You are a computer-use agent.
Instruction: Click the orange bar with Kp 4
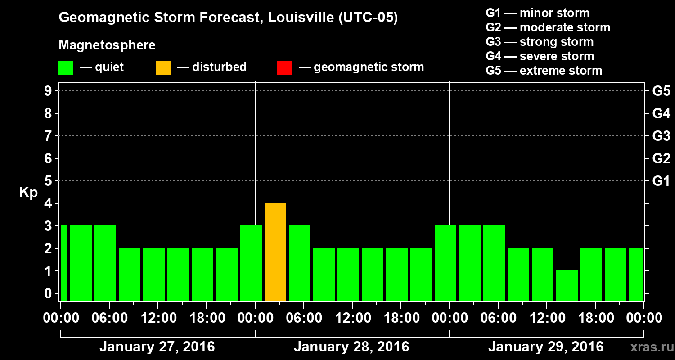(x=275, y=252)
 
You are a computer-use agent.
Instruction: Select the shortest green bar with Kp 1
(x=567, y=285)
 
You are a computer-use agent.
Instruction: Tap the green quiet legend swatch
(x=66, y=68)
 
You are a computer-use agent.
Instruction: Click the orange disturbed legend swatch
(x=163, y=68)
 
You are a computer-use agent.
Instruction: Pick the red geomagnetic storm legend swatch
(x=284, y=68)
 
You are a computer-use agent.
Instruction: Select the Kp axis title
(x=28, y=193)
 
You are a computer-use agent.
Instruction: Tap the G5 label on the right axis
(x=661, y=91)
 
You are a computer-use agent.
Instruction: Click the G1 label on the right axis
(x=661, y=181)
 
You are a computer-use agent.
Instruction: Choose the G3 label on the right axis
(x=661, y=136)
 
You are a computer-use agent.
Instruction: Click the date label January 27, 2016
(x=157, y=347)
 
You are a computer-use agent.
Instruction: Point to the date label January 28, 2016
(x=351, y=347)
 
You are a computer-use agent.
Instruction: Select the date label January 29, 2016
(x=546, y=347)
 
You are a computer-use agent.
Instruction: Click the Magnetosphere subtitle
(x=107, y=45)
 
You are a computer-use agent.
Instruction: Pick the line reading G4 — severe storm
(x=540, y=56)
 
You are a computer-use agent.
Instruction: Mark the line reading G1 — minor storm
(x=538, y=13)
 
